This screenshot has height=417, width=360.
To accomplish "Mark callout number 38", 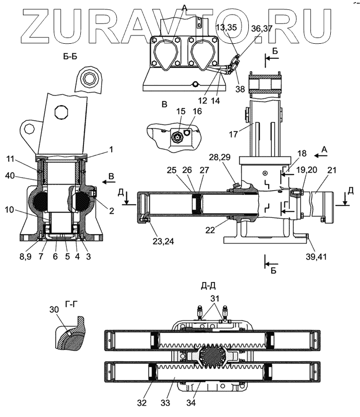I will tap(241, 90).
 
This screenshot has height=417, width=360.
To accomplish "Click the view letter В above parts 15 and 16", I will tap(164, 104).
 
